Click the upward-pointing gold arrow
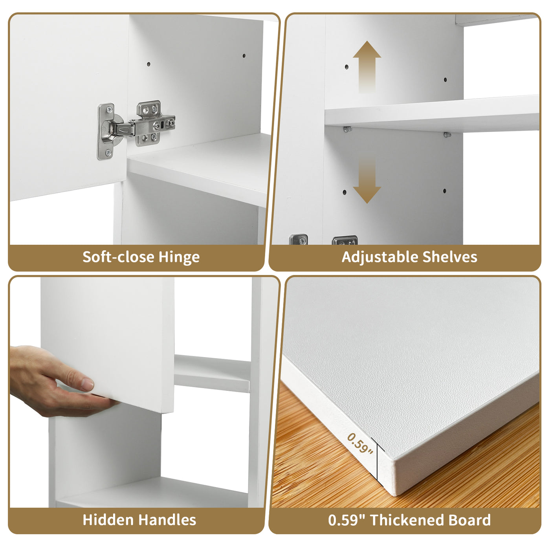pyautogui.click(x=367, y=67)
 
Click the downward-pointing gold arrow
pyautogui.click(x=367, y=180)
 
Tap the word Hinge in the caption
pyautogui.click(x=179, y=258)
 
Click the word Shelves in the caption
pyautogui.click(x=450, y=257)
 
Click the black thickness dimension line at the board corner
pyautogui.click(x=377, y=463)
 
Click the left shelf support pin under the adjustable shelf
pyautogui.click(x=347, y=129)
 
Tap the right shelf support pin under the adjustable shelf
pyautogui.click(x=447, y=134)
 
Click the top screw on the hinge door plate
pyautogui.click(x=109, y=109)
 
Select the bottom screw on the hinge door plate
pyautogui.click(x=108, y=153)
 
